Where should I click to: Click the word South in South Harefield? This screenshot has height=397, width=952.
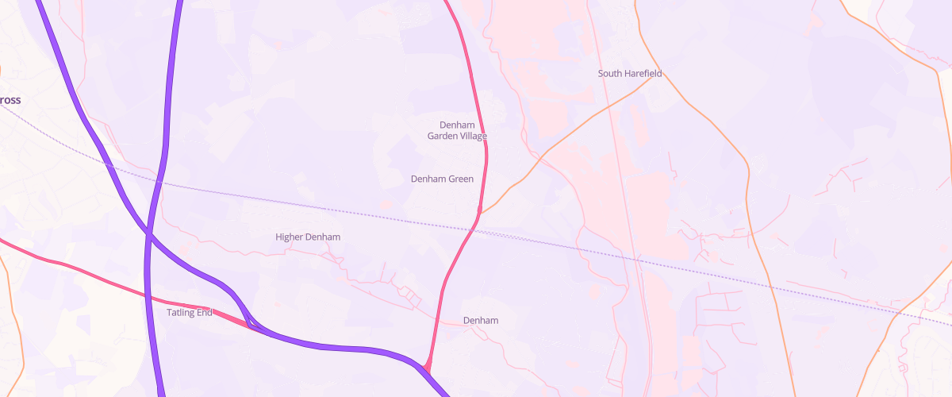click(611, 74)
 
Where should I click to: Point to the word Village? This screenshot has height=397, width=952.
click(473, 136)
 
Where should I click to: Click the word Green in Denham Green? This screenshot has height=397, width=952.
click(461, 179)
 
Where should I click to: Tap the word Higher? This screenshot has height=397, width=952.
click(290, 237)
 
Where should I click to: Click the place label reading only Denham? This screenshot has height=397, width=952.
click(481, 321)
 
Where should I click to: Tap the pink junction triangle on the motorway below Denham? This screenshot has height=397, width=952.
click(428, 367)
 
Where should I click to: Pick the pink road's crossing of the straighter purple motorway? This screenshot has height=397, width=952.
click(147, 299)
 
